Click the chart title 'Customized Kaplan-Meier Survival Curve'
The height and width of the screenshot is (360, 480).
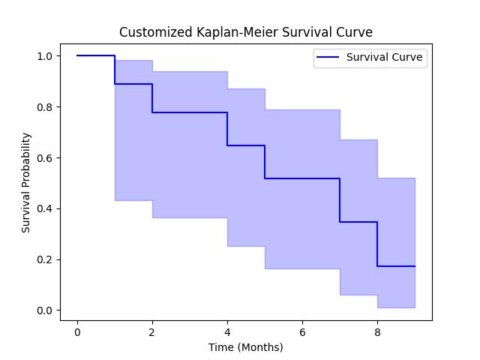tap(246, 32)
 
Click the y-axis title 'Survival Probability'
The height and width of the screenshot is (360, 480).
tap(26, 182)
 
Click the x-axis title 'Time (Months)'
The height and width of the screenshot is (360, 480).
tap(246, 347)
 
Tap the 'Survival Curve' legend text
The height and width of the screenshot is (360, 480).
tap(384, 57)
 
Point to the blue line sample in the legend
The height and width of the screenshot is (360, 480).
tap(328, 57)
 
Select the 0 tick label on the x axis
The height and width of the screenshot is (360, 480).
tap(77, 332)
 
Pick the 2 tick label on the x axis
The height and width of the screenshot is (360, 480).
tap(152, 332)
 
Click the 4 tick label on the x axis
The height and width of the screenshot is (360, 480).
tap(227, 332)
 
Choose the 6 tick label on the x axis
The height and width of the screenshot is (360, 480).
tap(302, 332)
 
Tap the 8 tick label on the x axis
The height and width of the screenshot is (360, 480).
tap(377, 332)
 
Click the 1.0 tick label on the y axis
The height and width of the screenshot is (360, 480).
tap(44, 56)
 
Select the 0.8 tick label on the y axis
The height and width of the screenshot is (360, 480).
tap(44, 107)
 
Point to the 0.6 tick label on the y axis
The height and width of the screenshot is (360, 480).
tap(44, 158)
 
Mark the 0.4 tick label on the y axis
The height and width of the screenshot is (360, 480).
tap(44, 208)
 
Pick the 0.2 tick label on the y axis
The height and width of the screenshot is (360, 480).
tap(44, 259)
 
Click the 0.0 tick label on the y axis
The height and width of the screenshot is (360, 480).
tap(44, 310)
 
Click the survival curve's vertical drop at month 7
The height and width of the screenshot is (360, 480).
tap(340, 200)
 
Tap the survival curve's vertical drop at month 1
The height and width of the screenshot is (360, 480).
tap(115, 70)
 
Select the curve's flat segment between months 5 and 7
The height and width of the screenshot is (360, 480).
tap(302, 178)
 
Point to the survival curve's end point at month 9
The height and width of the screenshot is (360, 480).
tap(415, 266)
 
